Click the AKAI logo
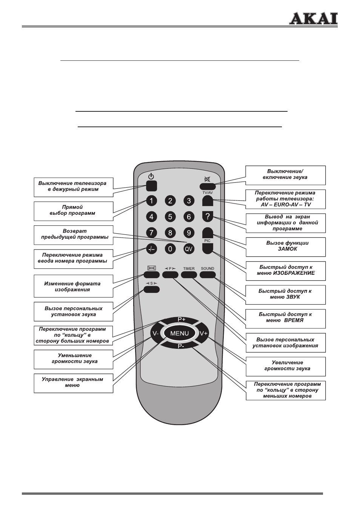pyautogui.click(x=313, y=18)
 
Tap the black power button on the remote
pyautogui.click(x=151, y=186)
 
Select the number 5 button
pyautogui.click(x=170, y=217)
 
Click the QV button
pyautogui.click(x=189, y=249)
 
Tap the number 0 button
pyautogui.click(x=170, y=249)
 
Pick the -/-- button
pyautogui.click(x=151, y=249)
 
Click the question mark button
pyautogui.click(x=208, y=217)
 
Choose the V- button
pyautogui.click(x=155, y=333)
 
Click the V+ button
pyautogui.click(x=204, y=333)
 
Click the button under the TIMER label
pyautogui.click(x=189, y=275)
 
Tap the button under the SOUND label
pyautogui.click(x=208, y=275)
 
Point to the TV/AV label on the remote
pyautogui.click(x=208, y=193)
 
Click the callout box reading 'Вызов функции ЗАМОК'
pyautogui.click(x=286, y=247)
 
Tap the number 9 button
pyautogui.click(x=189, y=233)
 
